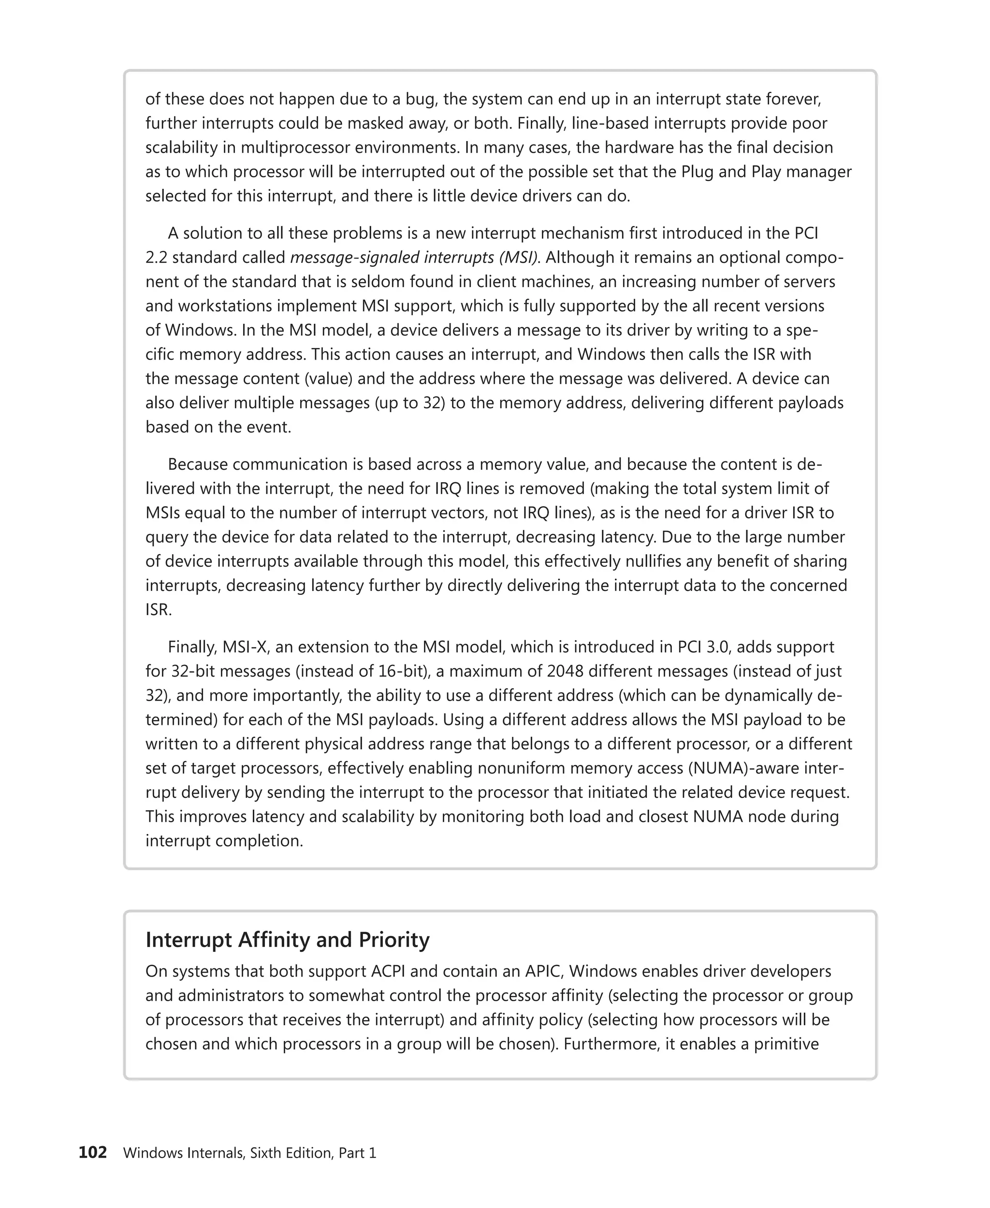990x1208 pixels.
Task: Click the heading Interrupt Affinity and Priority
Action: pyautogui.click(x=288, y=940)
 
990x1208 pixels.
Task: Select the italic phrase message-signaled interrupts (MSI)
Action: pyautogui.click(x=414, y=258)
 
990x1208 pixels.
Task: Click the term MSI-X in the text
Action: pyautogui.click(x=242, y=647)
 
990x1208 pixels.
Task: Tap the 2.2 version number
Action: pyautogui.click(x=156, y=258)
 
